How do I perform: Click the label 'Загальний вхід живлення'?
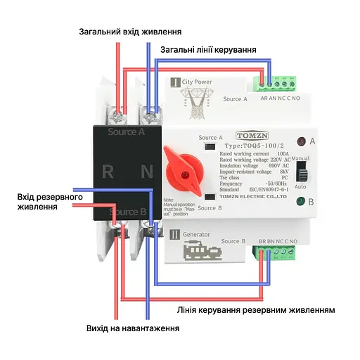click(130, 32)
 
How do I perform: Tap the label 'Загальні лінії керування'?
click(208, 50)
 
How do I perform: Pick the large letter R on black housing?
click(108, 171)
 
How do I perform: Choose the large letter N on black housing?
click(147, 171)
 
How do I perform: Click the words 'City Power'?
click(197, 82)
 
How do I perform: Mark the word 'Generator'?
click(196, 234)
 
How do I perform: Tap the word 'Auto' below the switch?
click(300, 187)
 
